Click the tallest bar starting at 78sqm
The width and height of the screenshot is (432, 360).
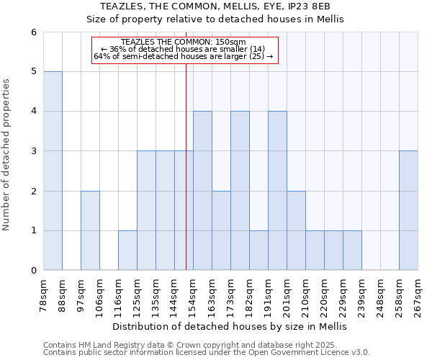(53, 171)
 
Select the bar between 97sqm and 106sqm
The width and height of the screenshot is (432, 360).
(90, 230)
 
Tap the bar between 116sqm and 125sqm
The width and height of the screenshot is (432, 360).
(127, 251)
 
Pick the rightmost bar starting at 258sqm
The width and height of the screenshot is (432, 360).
(408, 210)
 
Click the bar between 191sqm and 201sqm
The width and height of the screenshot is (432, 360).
(277, 191)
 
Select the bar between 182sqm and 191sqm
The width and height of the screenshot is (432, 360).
(258, 251)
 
